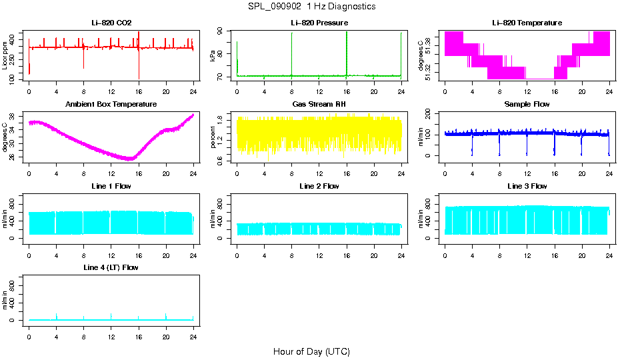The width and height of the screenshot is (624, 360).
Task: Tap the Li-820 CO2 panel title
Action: pos(111,23)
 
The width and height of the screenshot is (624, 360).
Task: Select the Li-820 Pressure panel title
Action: pos(319,23)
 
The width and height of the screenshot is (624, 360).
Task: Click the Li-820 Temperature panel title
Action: pos(527,23)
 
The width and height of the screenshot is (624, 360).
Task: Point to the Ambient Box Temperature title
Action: pos(111,105)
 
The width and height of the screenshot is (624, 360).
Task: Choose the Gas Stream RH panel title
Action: pos(319,105)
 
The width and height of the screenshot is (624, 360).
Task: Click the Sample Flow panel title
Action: pos(527,105)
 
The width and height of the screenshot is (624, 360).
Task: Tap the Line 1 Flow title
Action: pos(111,186)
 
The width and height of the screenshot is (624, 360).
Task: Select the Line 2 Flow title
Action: pos(319,186)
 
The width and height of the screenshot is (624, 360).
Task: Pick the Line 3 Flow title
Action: pos(527,186)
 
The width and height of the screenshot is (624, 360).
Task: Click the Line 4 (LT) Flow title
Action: pos(111,267)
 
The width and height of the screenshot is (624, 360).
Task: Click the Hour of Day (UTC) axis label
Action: pos(311,351)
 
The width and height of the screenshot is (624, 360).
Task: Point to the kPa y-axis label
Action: pos(213,55)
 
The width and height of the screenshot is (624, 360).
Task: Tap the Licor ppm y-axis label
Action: pos(5,55)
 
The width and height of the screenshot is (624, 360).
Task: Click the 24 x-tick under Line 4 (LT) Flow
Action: pos(193,330)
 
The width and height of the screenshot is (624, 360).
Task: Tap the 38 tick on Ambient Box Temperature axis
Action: pos(14,115)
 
